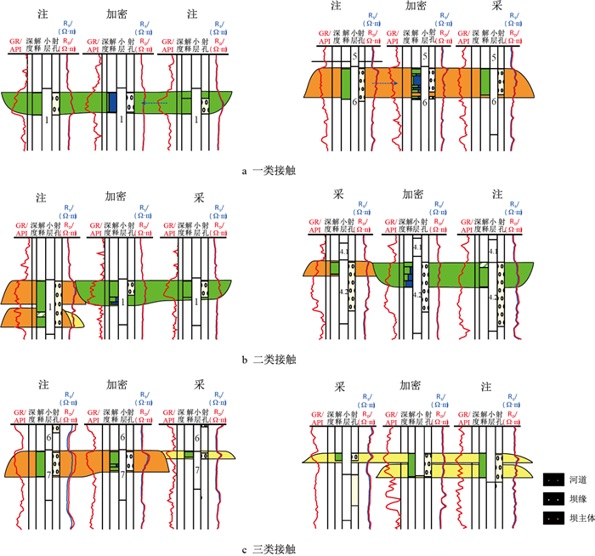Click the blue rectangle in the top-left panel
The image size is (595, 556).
(x=112, y=102)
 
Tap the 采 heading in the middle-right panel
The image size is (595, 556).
(x=337, y=195)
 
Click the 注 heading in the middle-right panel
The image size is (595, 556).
(x=487, y=195)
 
